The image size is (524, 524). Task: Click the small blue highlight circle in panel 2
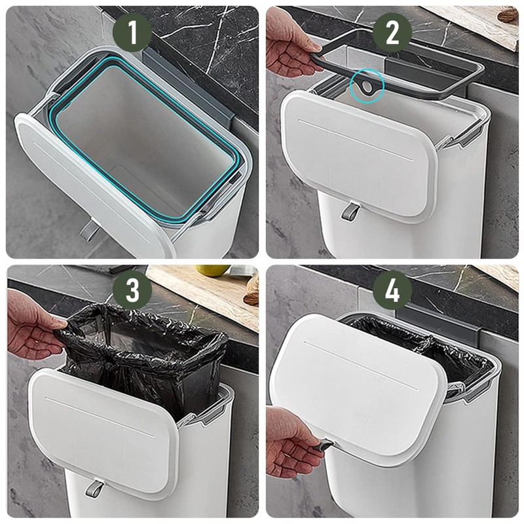[x=365, y=85]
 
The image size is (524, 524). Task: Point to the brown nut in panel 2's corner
[x=508, y=14]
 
